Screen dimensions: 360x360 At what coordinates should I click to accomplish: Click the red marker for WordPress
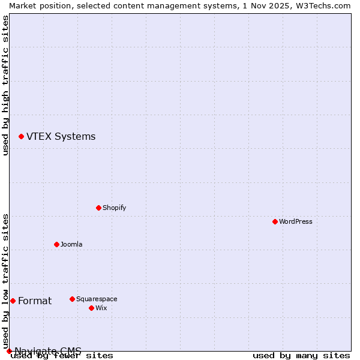275,221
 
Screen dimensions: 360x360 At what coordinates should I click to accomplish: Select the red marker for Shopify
98,208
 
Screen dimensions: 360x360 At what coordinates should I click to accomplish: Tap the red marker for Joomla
56,244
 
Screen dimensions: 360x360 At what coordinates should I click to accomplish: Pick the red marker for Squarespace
72,299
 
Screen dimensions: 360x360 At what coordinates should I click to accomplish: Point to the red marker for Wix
91,308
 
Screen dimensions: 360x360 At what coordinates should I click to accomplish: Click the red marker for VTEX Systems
21,137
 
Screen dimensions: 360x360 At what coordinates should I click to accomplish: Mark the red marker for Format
13,301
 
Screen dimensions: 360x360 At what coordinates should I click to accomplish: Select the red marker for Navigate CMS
9,351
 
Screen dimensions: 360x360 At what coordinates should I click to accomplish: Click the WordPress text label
296,221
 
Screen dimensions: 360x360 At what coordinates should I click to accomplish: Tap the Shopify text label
114,208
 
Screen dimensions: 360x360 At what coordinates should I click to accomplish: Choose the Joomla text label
71,244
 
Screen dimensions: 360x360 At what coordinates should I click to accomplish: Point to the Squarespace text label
97,299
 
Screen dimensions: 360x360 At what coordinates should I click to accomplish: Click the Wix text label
101,308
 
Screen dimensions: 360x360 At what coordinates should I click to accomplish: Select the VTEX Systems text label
61,137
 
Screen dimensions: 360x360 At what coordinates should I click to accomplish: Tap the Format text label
35,301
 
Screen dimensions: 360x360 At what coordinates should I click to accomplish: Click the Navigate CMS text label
48,351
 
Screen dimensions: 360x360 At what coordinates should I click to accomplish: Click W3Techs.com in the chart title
326,5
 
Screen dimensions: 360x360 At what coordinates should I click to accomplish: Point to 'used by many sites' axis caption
301,355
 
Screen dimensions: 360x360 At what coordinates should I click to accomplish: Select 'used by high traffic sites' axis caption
5,85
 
